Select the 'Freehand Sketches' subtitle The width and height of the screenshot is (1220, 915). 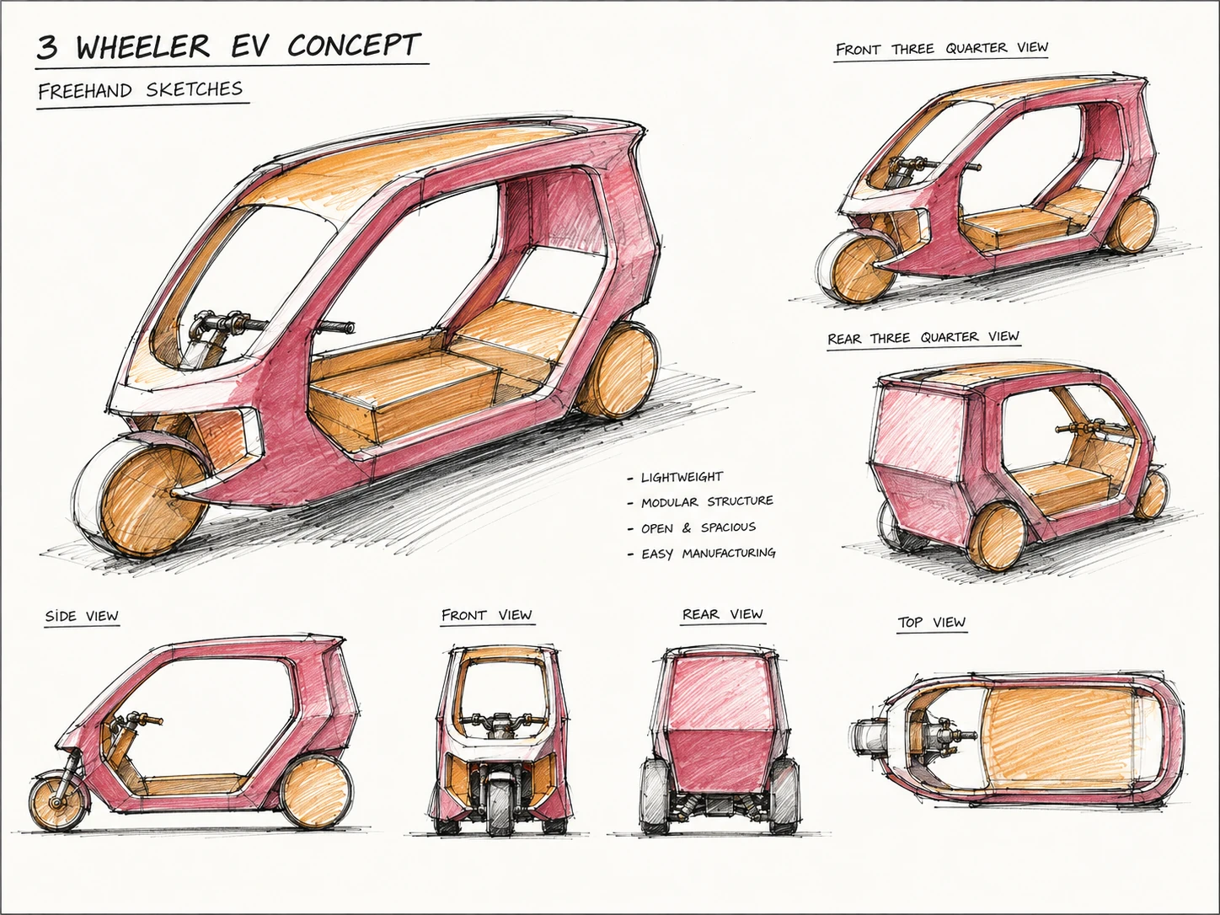pyautogui.click(x=141, y=90)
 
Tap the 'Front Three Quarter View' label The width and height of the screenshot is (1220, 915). pyautogui.click(x=941, y=48)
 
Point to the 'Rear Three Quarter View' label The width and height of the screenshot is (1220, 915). pyautogui.click(x=923, y=337)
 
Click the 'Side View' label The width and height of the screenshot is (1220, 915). pyautogui.click(x=82, y=616)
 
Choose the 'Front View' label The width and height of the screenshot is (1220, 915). pyautogui.click(x=487, y=615)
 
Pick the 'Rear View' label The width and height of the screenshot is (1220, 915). pyautogui.click(x=723, y=614)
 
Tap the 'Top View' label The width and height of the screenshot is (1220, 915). pyautogui.click(x=932, y=623)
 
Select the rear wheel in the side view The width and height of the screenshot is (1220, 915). pyautogui.click(x=316, y=791)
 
